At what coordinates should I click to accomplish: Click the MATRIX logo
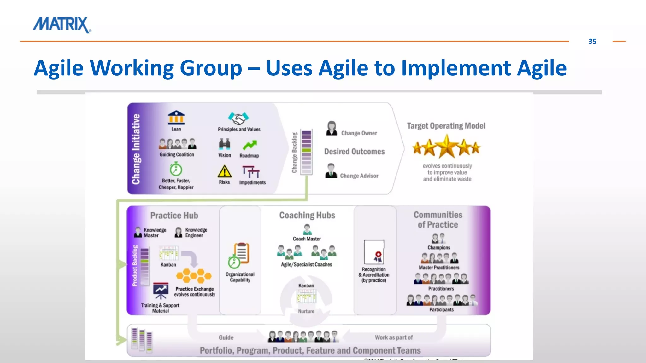(x=62, y=25)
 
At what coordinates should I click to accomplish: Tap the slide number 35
(x=592, y=42)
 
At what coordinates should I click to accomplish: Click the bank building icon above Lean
(x=176, y=118)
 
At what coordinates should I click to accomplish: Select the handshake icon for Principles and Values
(x=238, y=118)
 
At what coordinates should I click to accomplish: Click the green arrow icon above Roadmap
(x=250, y=145)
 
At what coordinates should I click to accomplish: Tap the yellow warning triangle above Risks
(x=224, y=172)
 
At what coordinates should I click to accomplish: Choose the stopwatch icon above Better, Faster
(x=176, y=169)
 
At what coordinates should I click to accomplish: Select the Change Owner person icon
(x=332, y=129)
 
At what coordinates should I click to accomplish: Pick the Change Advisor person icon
(x=331, y=171)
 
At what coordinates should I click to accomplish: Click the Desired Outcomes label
(x=354, y=152)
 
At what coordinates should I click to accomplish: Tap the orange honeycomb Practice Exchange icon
(x=194, y=276)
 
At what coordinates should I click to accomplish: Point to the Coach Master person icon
(x=307, y=229)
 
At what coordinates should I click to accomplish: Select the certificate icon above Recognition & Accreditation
(x=374, y=252)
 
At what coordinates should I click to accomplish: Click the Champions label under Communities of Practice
(x=439, y=248)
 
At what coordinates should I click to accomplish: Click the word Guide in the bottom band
(x=226, y=337)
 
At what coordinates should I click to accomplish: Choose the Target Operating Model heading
(x=446, y=126)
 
